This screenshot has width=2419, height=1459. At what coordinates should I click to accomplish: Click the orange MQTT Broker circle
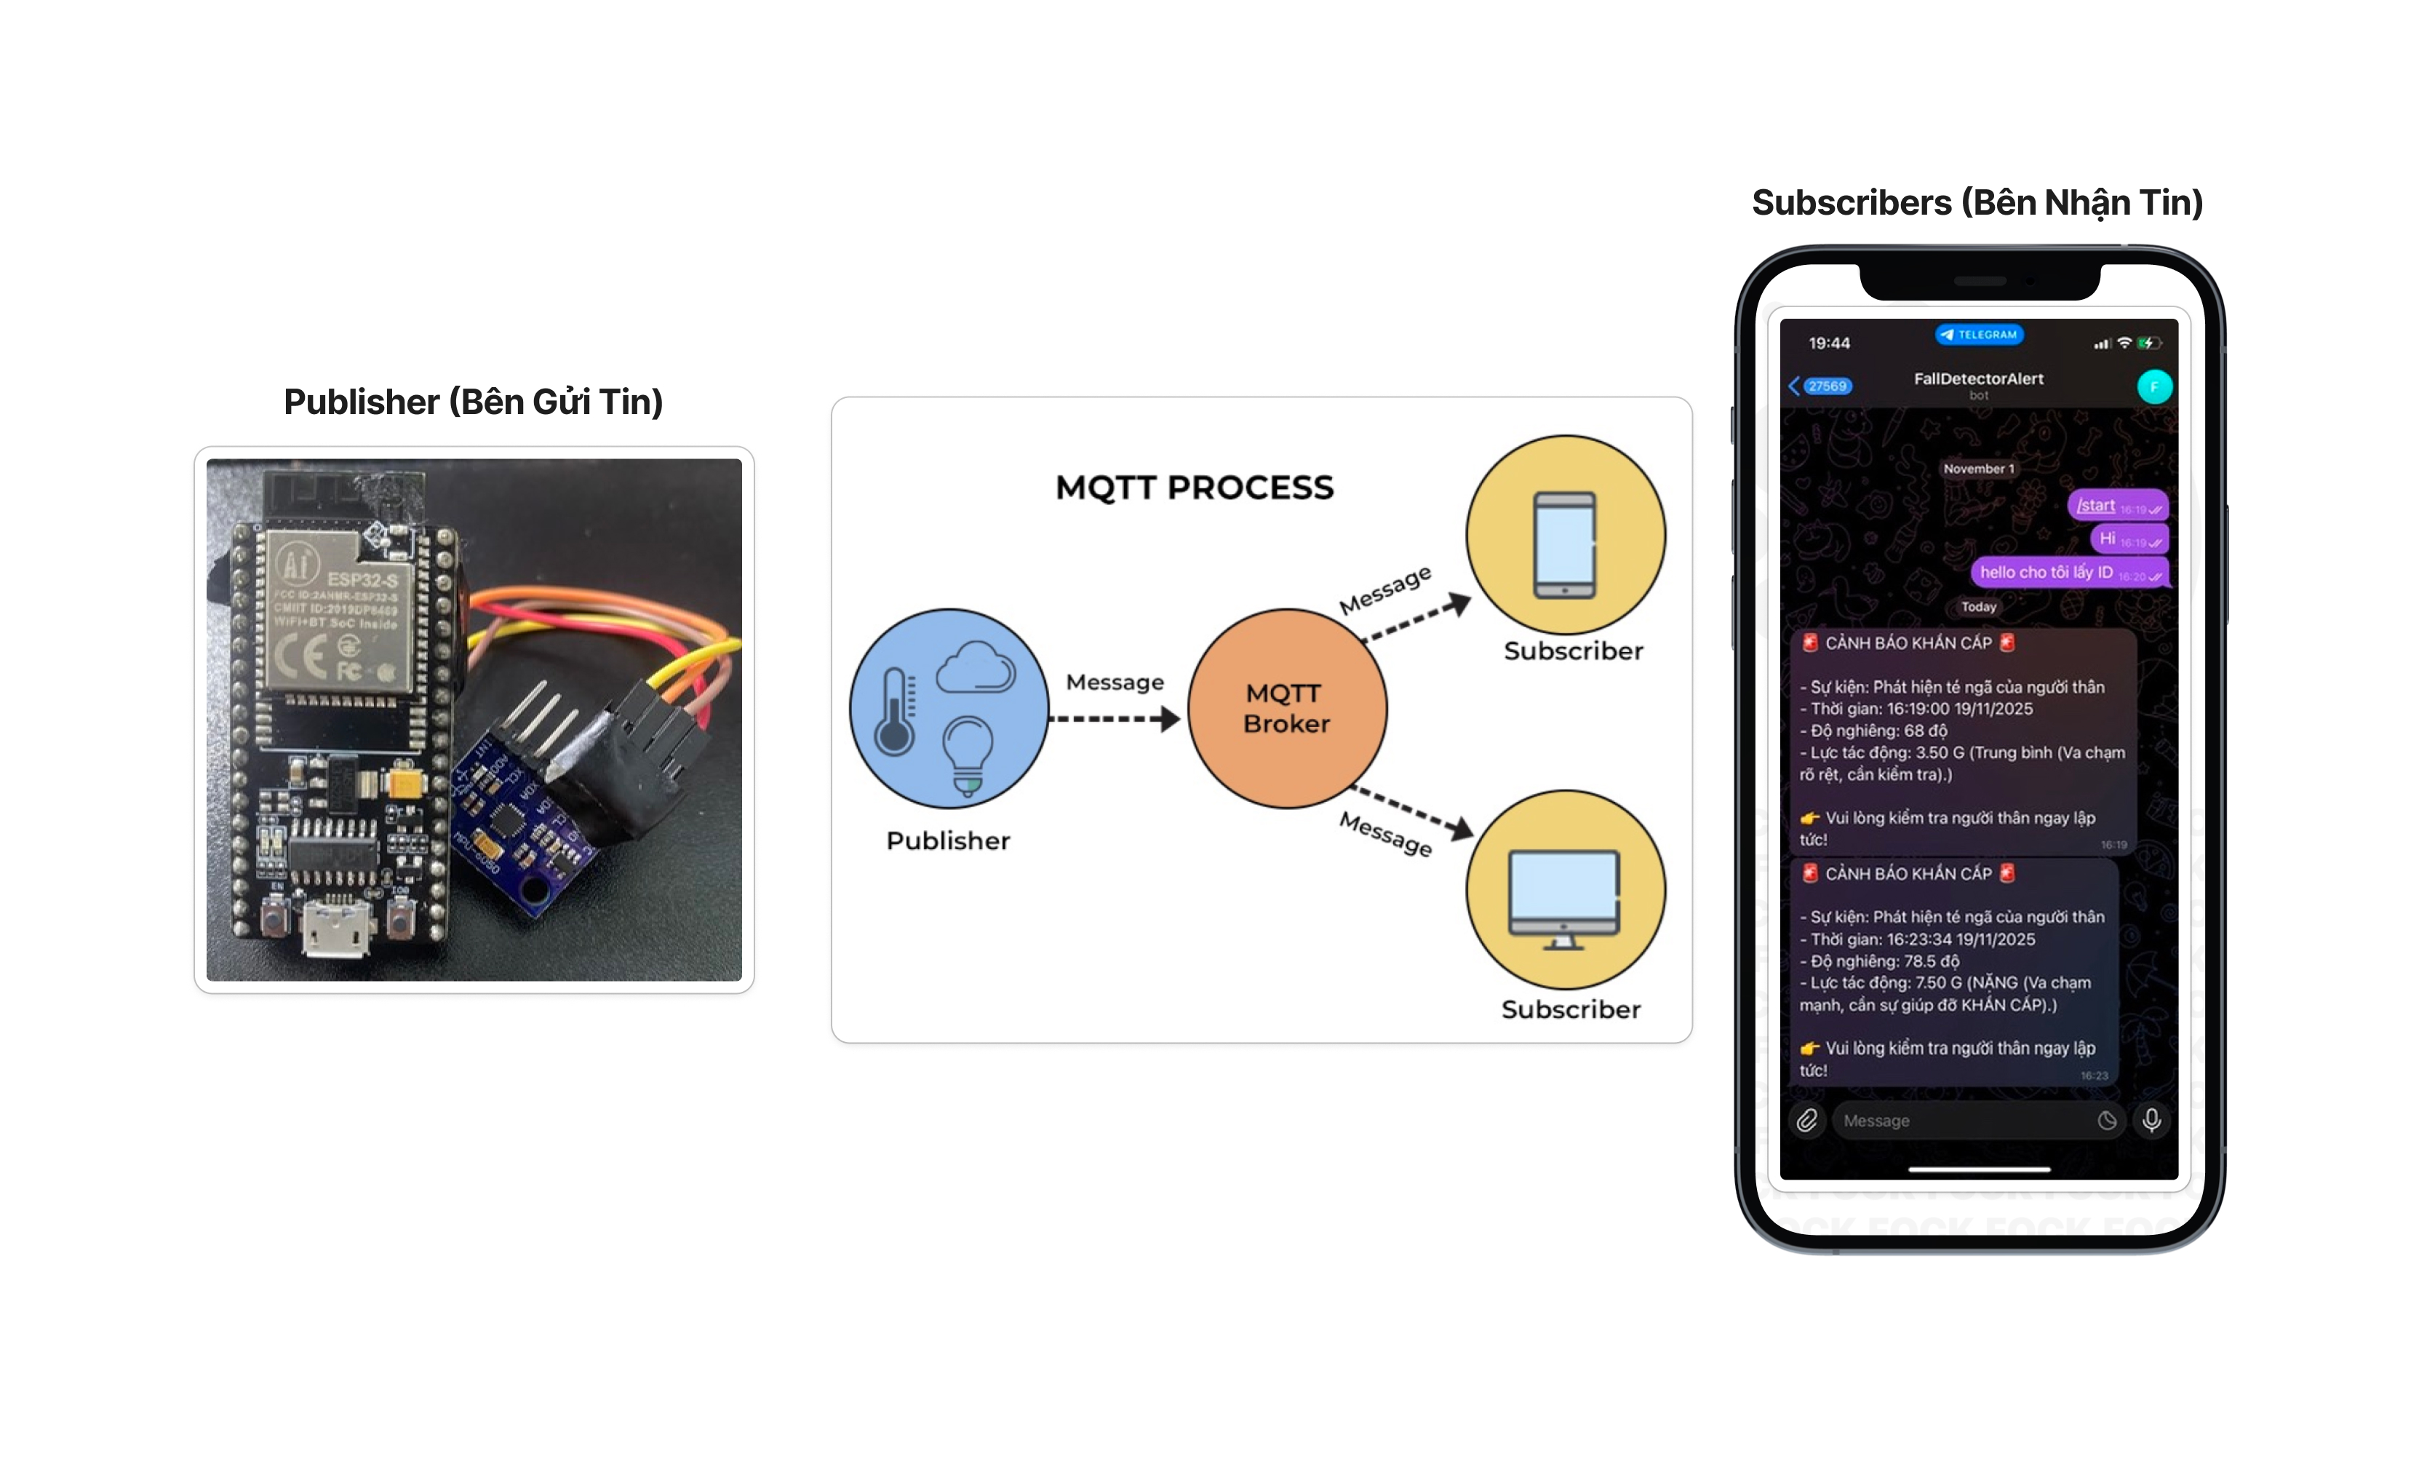[1286, 708]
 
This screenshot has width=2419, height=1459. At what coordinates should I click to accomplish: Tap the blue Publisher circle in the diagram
[949, 708]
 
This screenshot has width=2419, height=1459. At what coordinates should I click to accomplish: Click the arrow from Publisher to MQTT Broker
[1115, 719]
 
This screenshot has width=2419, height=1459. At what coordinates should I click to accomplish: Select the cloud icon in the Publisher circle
[975, 669]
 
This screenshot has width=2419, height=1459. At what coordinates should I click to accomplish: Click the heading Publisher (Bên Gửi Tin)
[473, 402]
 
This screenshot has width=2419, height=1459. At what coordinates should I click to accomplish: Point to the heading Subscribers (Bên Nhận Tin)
[1977, 202]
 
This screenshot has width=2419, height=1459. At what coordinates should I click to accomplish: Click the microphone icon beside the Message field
[2151, 1121]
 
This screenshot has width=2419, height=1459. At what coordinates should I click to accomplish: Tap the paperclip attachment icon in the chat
[1806, 1121]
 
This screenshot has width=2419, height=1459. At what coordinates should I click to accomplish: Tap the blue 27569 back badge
[1826, 386]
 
